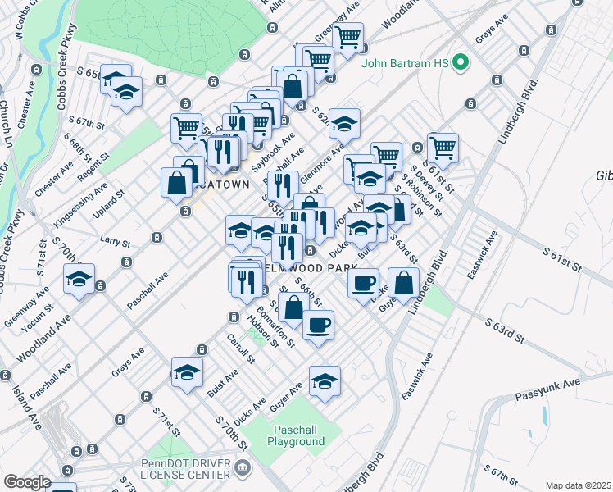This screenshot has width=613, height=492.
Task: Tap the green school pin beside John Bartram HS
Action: [461, 61]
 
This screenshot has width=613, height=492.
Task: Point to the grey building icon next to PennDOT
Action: [243, 468]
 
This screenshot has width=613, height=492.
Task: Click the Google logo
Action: [26, 482]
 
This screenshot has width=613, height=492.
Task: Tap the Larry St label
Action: [115, 242]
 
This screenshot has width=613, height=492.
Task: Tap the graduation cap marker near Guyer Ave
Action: [325, 380]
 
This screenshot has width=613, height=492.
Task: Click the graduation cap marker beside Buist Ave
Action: [187, 372]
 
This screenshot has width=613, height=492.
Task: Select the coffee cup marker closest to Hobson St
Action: [318, 324]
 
